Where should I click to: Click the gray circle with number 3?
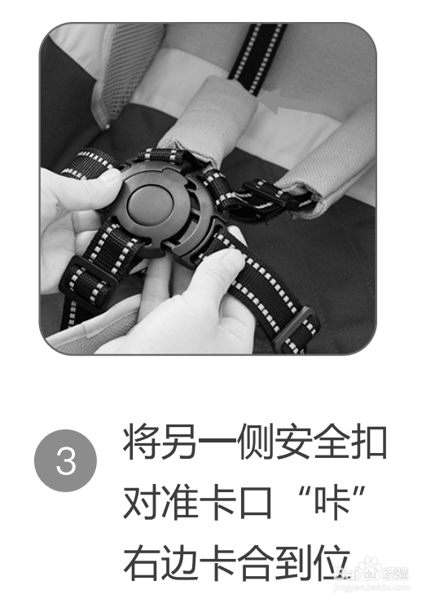65,462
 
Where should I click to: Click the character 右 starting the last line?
139,563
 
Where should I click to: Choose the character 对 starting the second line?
139,504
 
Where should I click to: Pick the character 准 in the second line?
185,504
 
